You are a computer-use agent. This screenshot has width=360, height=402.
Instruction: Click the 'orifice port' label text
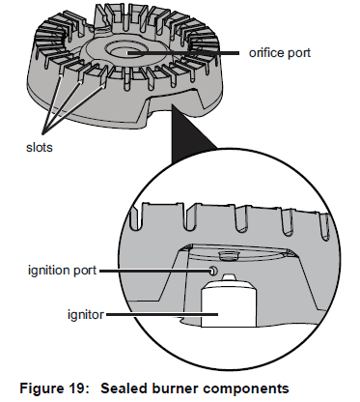coord(280,53)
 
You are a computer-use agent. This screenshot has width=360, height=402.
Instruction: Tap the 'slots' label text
coord(39,147)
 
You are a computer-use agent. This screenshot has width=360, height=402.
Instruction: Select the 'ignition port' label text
coord(62,270)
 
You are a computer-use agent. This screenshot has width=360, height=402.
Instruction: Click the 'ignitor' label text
coord(86,314)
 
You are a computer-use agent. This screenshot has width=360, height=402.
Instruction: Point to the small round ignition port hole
coord(213,272)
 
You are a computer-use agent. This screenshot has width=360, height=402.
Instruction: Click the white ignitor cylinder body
coord(229,304)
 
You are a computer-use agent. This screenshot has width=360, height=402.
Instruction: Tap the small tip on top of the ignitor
coord(228,277)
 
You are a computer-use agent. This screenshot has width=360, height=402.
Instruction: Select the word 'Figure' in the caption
coord(41,388)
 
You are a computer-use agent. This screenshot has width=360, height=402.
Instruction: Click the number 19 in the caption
coord(76,388)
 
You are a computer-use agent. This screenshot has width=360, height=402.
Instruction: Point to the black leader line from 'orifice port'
coord(183,53)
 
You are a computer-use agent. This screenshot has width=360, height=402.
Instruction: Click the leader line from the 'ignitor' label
coord(162,314)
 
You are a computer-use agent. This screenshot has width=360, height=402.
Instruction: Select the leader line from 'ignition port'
coord(155,272)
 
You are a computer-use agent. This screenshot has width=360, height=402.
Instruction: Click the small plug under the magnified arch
coord(228,256)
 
